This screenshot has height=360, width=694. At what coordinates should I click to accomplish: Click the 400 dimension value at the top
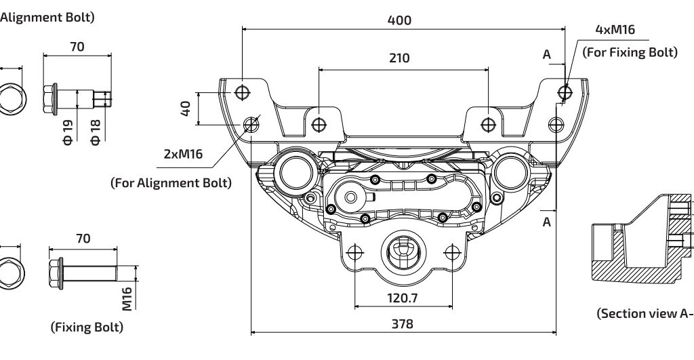point(399,20)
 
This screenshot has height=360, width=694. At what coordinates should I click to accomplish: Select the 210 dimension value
point(399,58)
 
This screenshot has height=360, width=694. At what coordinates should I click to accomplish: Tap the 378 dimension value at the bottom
point(403,324)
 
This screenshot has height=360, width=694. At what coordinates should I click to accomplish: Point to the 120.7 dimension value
point(403,298)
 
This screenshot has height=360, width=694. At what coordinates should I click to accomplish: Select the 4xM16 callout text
point(615,30)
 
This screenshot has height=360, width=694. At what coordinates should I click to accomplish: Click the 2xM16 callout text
point(184,154)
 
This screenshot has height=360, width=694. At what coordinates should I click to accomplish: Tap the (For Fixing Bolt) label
point(630,52)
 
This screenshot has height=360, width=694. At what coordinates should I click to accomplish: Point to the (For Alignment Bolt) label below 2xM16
point(171,182)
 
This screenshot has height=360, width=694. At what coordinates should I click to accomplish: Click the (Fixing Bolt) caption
point(87,327)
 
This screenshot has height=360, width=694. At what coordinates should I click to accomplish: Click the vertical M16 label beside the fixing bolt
point(127,298)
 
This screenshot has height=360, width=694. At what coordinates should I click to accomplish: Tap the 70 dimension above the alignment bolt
point(76,47)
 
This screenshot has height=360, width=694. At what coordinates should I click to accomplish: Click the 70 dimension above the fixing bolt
point(83,239)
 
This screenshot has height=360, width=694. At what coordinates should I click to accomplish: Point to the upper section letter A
point(546,55)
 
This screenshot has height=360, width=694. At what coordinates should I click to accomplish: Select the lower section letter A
point(546,222)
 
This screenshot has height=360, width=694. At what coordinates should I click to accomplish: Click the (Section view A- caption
point(644,313)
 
